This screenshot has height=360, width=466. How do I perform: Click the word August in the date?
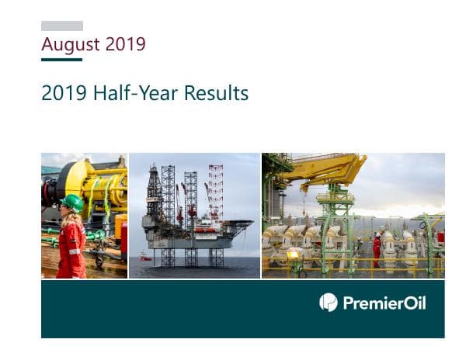(x=70, y=44)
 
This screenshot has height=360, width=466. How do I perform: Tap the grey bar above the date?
(x=62, y=26)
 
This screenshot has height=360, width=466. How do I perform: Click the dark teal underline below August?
(x=61, y=59)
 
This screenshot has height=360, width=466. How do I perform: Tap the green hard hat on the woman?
(x=72, y=202)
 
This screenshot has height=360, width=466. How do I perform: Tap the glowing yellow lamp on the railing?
(x=293, y=254)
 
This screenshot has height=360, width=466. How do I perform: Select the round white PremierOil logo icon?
(x=329, y=302)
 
